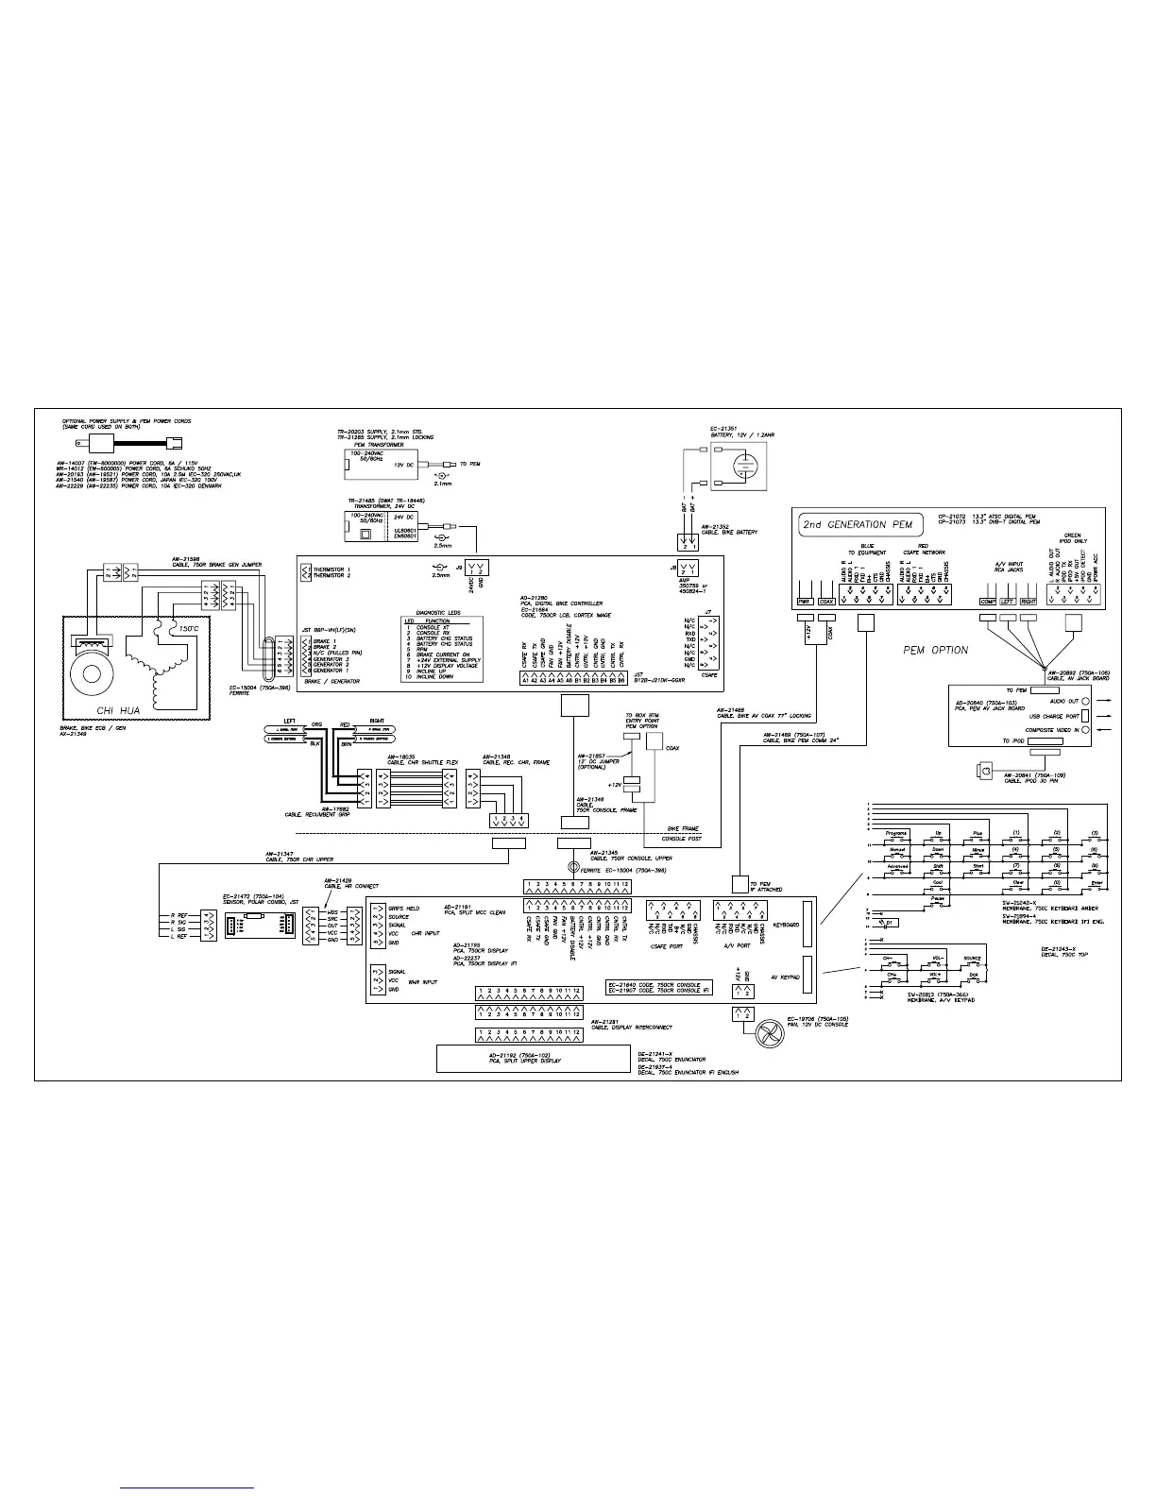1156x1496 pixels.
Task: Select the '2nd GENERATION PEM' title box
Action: (x=843, y=524)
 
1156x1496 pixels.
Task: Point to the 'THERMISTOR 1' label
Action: (x=331, y=570)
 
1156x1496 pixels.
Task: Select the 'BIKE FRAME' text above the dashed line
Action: (x=682, y=828)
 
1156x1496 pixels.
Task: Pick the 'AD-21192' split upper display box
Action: (x=533, y=1058)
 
